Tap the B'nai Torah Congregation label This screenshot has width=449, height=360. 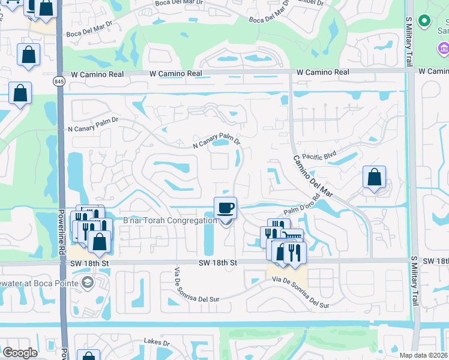170,221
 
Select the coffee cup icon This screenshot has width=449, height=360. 226,208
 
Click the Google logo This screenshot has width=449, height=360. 20,353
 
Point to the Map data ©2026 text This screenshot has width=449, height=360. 423,355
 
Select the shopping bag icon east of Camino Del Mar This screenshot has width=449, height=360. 374,177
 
